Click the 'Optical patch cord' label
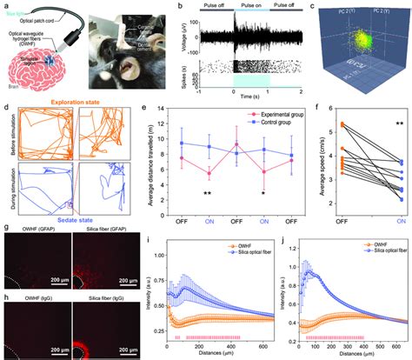(x=44, y=17)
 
